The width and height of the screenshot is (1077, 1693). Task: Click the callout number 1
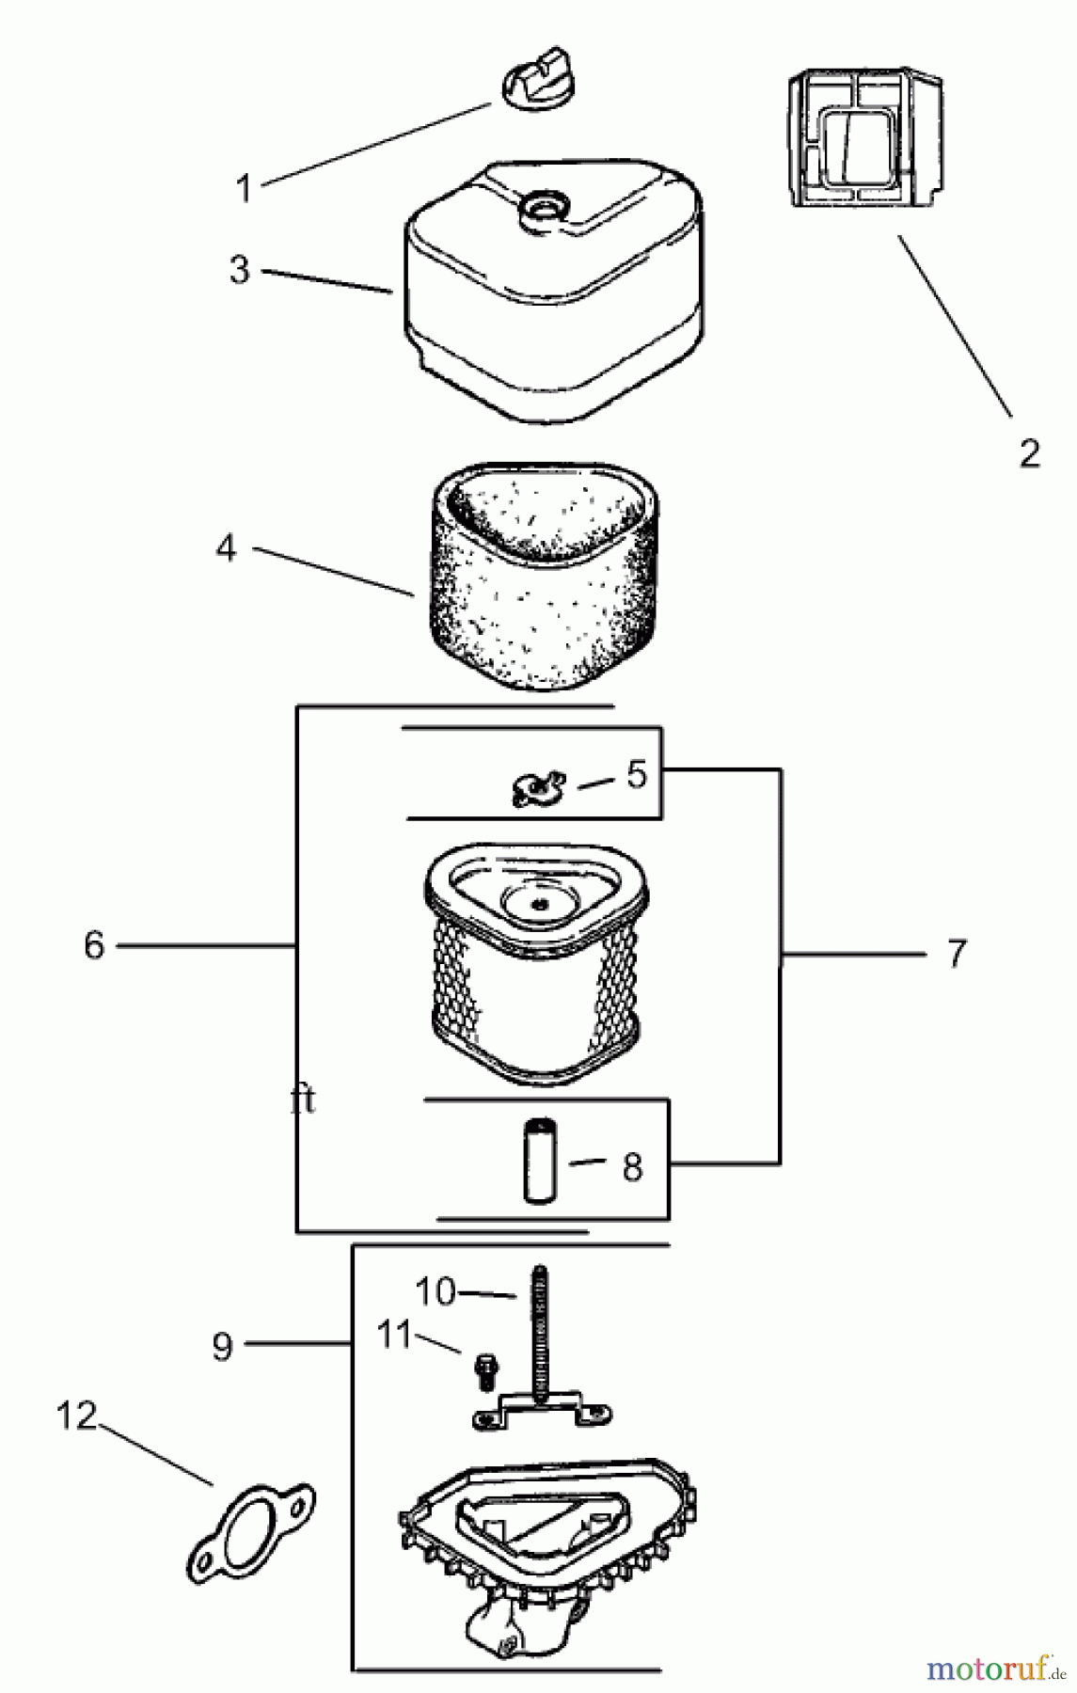click(244, 188)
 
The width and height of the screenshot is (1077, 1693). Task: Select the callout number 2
click(1029, 453)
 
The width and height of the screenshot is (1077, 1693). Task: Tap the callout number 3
click(240, 270)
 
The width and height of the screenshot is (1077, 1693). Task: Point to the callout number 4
click(226, 548)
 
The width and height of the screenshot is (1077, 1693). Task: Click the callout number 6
click(93, 945)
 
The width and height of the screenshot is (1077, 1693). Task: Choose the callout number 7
click(956, 953)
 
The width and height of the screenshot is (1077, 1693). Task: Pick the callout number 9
click(222, 1346)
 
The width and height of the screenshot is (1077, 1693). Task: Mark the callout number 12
click(77, 1416)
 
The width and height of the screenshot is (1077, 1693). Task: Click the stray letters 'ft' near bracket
click(303, 1100)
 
